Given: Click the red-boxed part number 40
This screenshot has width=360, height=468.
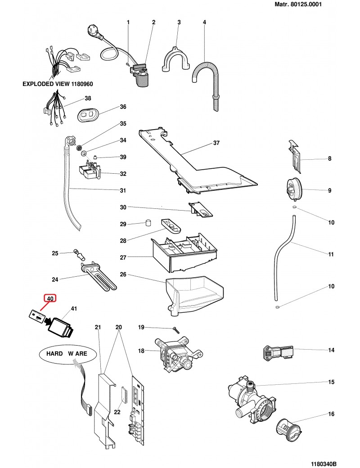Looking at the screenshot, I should click(49, 298).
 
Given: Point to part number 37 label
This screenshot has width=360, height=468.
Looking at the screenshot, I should click(216, 144).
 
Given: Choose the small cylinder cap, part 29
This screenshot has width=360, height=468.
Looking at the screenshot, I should click(147, 223).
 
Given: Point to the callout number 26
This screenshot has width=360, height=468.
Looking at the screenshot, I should click(123, 274).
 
